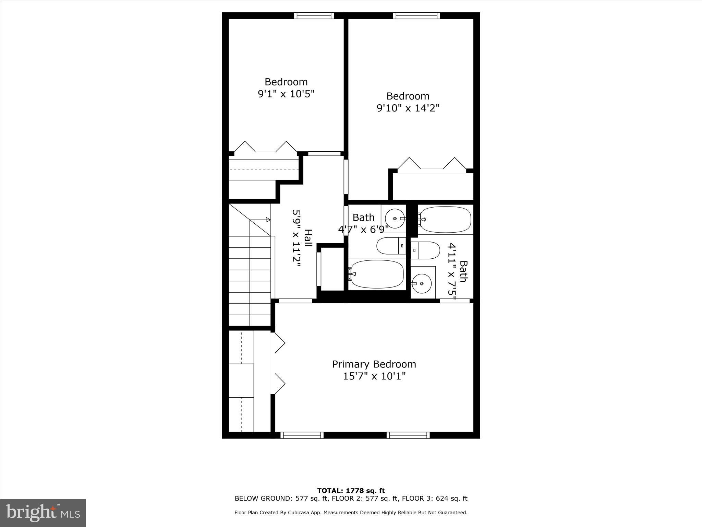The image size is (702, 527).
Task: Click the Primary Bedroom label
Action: click(374, 364)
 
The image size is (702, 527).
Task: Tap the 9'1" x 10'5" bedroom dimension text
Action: click(286, 94)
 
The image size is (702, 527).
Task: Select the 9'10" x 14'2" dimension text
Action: click(408, 108)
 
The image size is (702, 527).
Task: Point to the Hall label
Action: click(308, 238)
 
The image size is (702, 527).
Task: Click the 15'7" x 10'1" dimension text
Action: click(374, 376)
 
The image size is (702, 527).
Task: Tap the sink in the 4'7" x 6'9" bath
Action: click(395, 219)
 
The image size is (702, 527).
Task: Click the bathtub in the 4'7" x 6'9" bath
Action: click(377, 274)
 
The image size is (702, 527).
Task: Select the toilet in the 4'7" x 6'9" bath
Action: click(391, 246)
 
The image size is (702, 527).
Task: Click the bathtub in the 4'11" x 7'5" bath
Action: click(445, 219)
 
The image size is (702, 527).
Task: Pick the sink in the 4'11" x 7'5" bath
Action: click(421, 283)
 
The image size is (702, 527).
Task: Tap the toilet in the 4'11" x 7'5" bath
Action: click(425, 250)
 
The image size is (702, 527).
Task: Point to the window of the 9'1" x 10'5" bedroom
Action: click(314, 16)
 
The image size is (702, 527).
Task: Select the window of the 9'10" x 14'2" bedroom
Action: click(416, 16)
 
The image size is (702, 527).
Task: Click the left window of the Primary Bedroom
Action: click(302, 435)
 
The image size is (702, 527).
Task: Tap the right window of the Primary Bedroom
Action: click(408, 435)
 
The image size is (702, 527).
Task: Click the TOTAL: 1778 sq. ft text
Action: click(351, 491)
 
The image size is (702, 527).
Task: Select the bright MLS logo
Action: click(43, 513)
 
